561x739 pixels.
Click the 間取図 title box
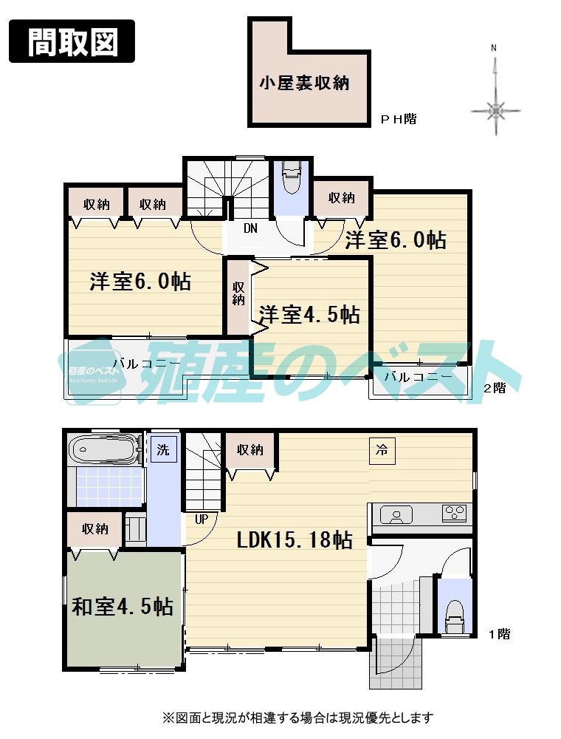point(72,41)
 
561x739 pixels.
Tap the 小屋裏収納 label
point(303,83)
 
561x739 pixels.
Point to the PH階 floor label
point(398,118)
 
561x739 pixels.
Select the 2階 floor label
point(495,388)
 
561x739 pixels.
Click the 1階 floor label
point(499,633)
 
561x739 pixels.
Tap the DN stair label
point(251,228)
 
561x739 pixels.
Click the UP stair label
point(201,519)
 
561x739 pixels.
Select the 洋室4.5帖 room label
point(309,314)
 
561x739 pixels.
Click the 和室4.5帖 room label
point(123,607)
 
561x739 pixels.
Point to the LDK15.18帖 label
point(294,539)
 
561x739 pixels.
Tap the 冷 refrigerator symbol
point(382,448)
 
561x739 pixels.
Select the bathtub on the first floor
point(103,449)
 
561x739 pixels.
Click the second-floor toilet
point(292,178)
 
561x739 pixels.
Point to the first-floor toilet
point(454,616)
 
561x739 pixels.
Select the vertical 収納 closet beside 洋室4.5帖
point(238,294)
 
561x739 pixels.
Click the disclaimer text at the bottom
point(298,717)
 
